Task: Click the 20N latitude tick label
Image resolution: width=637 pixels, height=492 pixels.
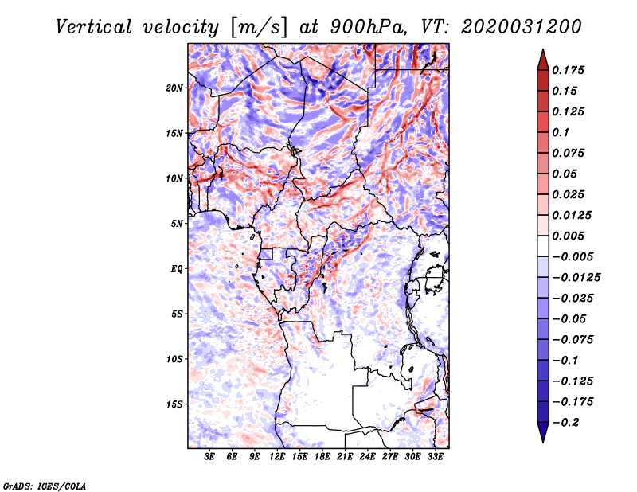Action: pyautogui.click(x=174, y=88)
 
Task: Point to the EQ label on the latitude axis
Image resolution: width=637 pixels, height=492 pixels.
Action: pyautogui.click(x=177, y=269)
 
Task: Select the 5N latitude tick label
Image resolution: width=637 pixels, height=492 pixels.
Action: pyautogui.click(x=177, y=224)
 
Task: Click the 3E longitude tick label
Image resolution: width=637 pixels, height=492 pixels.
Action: pyautogui.click(x=209, y=457)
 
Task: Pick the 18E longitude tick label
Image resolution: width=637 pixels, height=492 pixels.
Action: pyautogui.click(x=322, y=457)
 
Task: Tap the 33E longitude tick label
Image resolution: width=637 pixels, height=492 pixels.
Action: pyautogui.click(x=435, y=457)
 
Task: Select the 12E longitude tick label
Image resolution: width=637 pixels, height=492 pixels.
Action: pyautogui.click(x=277, y=457)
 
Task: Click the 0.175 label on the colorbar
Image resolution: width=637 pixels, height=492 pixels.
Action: pyautogui.click(x=568, y=70)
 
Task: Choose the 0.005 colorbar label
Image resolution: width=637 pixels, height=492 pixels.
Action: pyautogui.click(x=568, y=236)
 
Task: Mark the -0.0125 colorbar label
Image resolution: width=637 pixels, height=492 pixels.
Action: pyautogui.click(x=576, y=278)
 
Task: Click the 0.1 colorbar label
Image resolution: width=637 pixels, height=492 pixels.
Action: pyautogui.click(x=561, y=132)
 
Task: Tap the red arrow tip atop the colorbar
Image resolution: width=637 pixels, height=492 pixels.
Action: pyautogui.click(x=543, y=49)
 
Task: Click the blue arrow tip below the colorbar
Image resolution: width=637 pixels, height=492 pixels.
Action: pyautogui.click(x=543, y=442)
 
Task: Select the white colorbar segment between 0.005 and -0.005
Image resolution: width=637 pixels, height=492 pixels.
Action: pyautogui.click(x=543, y=246)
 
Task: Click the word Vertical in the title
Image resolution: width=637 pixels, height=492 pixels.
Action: pyautogui.click(x=94, y=27)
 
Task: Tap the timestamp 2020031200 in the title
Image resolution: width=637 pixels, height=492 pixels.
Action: pyautogui.click(x=522, y=27)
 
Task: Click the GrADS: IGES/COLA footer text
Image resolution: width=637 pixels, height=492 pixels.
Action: pyautogui.click(x=45, y=486)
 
